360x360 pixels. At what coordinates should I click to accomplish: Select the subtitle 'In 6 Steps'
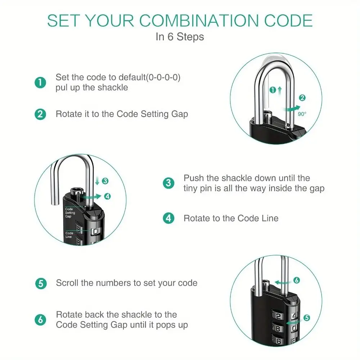point(180,37)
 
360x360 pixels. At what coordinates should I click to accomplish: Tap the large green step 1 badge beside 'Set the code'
point(40,82)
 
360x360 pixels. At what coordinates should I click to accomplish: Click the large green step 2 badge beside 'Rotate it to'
point(40,114)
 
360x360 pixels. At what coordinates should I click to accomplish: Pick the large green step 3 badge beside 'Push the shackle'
point(168,183)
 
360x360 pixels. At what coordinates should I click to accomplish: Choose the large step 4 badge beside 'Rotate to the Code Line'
point(168,218)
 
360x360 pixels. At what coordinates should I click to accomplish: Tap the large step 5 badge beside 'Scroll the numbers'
point(41,283)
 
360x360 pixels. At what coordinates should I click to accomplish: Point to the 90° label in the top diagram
point(302,114)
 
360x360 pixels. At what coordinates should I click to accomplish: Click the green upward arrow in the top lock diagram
point(280,90)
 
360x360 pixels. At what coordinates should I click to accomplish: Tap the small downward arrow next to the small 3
point(97,181)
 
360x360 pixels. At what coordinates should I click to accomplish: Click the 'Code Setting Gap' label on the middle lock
point(70,213)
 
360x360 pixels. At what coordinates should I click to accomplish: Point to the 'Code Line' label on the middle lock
point(69,235)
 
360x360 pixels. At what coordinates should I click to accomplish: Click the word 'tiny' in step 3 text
point(191,188)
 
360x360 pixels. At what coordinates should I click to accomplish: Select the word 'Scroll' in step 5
point(67,283)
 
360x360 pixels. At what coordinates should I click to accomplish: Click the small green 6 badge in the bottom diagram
point(297,280)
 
